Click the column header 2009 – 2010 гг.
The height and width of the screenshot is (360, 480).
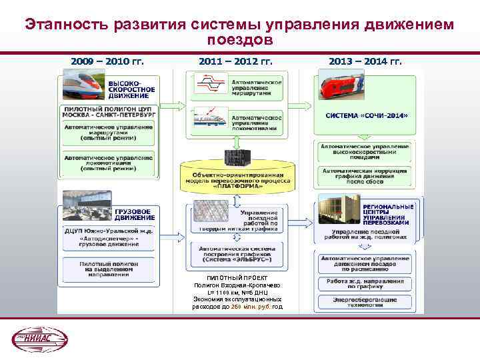tap(107, 62)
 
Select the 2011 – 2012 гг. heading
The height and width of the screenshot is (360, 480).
tap(235, 62)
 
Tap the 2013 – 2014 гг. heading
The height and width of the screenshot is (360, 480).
tap(365, 62)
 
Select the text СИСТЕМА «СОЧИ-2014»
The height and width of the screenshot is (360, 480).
tap(366, 115)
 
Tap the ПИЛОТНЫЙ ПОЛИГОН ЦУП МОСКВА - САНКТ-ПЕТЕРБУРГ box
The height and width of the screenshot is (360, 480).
tap(109, 111)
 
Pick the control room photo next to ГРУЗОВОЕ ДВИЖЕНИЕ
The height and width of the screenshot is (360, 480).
tap(87, 208)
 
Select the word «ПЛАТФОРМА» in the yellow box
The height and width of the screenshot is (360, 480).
tap(237, 187)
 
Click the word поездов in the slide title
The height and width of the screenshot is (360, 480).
tap(239, 41)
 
